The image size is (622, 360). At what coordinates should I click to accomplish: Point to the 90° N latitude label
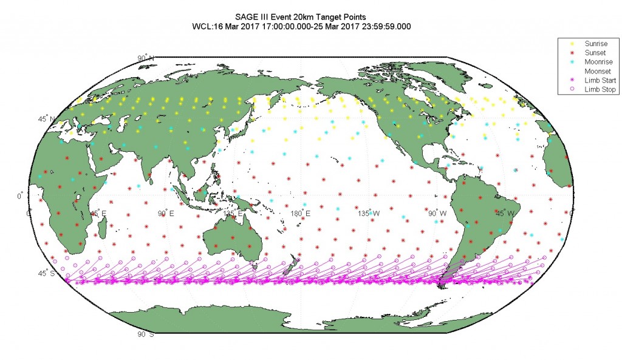146,58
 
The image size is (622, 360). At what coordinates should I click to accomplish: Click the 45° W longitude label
505,214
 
